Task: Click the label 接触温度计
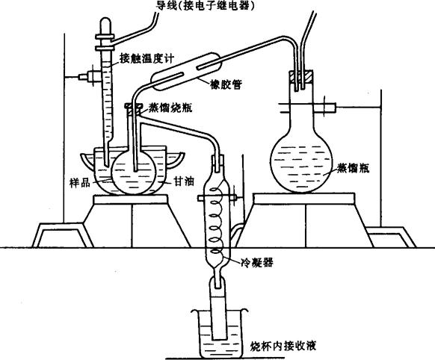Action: coord(146,58)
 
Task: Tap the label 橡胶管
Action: coord(226,84)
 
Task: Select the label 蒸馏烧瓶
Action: coord(170,108)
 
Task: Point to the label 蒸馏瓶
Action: coord(353,168)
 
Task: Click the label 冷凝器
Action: coord(257,262)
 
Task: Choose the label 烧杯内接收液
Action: coord(283,346)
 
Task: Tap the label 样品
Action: coord(80,183)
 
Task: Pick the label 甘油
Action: coord(184,181)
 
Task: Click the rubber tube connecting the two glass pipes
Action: coord(186,72)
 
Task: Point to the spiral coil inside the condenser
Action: coord(217,219)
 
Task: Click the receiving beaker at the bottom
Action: coord(219,333)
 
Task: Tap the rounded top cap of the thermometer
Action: coord(105,25)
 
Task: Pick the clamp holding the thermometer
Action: coord(89,77)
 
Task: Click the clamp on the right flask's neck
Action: coord(308,108)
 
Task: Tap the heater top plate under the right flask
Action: coord(303,199)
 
